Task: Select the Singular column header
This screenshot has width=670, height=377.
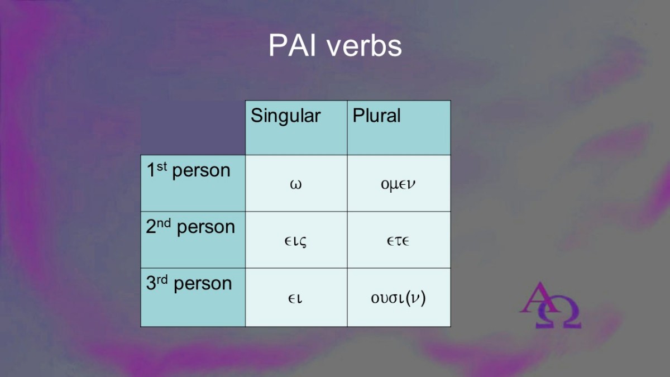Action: click(x=286, y=116)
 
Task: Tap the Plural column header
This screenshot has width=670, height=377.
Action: click(x=376, y=115)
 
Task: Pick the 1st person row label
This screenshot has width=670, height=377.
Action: click(x=189, y=170)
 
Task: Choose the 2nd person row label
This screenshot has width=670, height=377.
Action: click(x=190, y=227)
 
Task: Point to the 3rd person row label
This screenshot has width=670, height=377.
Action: click(x=189, y=283)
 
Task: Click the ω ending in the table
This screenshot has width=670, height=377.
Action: click(x=296, y=184)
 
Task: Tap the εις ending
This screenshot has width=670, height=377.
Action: click(x=295, y=241)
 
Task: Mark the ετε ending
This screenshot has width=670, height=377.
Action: click(x=398, y=241)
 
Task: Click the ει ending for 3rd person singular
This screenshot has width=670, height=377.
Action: click(x=295, y=299)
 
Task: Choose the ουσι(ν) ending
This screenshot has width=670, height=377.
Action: click(x=398, y=298)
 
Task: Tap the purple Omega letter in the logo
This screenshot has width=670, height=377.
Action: click(x=558, y=312)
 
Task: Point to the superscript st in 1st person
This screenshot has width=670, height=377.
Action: click(x=162, y=166)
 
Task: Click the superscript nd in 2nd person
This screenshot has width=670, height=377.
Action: click(x=164, y=223)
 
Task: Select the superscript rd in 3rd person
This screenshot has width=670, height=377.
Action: click(x=162, y=280)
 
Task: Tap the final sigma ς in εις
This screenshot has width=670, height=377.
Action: click(x=303, y=242)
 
